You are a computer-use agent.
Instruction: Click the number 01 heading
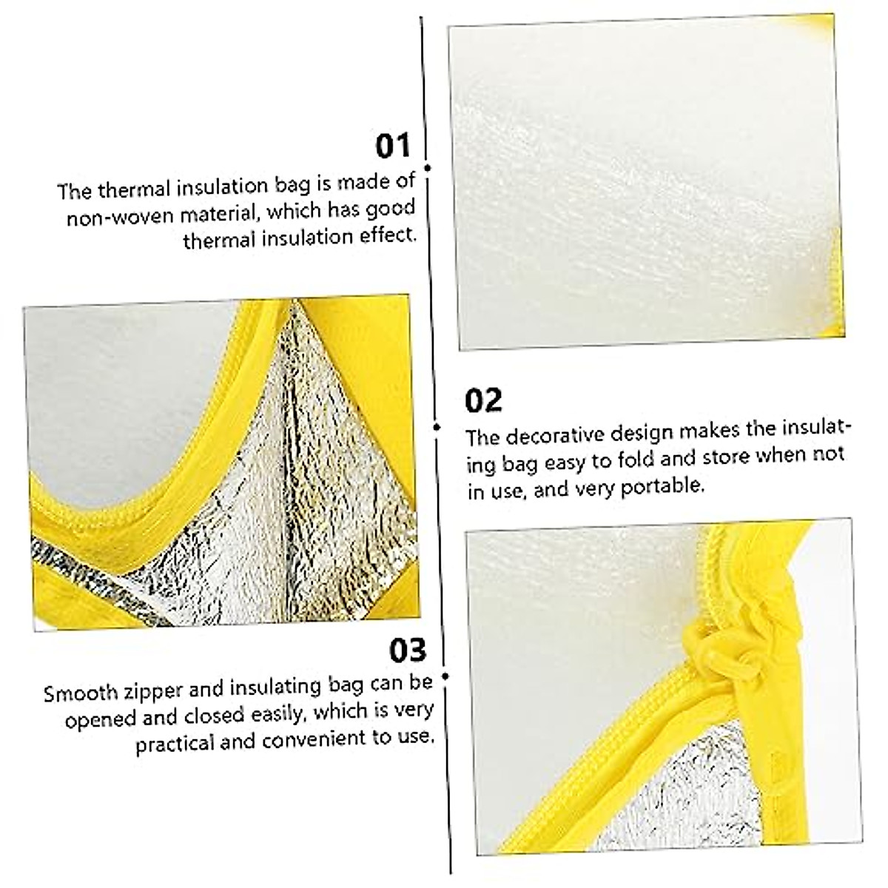pyautogui.click(x=392, y=147)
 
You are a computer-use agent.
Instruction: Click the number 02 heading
pyautogui.click(x=483, y=401)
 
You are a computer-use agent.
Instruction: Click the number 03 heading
pyautogui.click(x=408, y=650)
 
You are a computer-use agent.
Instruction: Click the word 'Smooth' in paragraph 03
pyautogui.click(x=81, y=693)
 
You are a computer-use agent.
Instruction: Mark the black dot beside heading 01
pyautogui.click(x=428, y=168)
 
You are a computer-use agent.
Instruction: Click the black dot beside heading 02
pyautogui.click(x=437, y=427)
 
